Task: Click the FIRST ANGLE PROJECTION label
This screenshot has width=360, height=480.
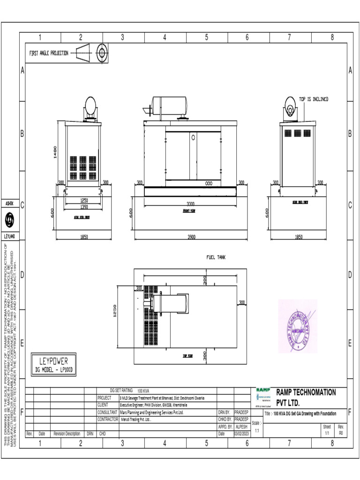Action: click(x=49, y=53)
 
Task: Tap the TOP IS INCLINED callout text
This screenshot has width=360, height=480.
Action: click(x=314, y=99)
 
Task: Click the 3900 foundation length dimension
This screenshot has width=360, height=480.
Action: click(x=191, y=237)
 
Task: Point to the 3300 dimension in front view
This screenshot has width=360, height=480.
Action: click(x=191, y=204)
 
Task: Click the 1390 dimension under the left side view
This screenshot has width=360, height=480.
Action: click(x=83, y=207)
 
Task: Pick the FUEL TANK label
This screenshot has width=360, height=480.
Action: click(x=216, y=257)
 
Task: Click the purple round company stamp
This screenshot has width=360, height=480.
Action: click(x=298, y=326)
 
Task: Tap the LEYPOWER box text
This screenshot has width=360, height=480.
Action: click(x=53, y=361)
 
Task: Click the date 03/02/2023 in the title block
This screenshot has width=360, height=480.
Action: click(x=242, y=434)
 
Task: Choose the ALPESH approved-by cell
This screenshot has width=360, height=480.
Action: click(x=241, y=427)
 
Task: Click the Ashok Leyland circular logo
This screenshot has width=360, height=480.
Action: click(x=9, y=219)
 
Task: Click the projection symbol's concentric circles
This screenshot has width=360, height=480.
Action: click(x=101, y=52)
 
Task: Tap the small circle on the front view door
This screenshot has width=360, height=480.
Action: click(x=193, y=138)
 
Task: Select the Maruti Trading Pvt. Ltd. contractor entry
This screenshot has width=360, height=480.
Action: click(x=136, y=420)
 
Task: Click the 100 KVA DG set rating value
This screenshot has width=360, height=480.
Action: click(x=143, y=390)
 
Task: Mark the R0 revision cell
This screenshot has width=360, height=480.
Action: click(x=341, y=434)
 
